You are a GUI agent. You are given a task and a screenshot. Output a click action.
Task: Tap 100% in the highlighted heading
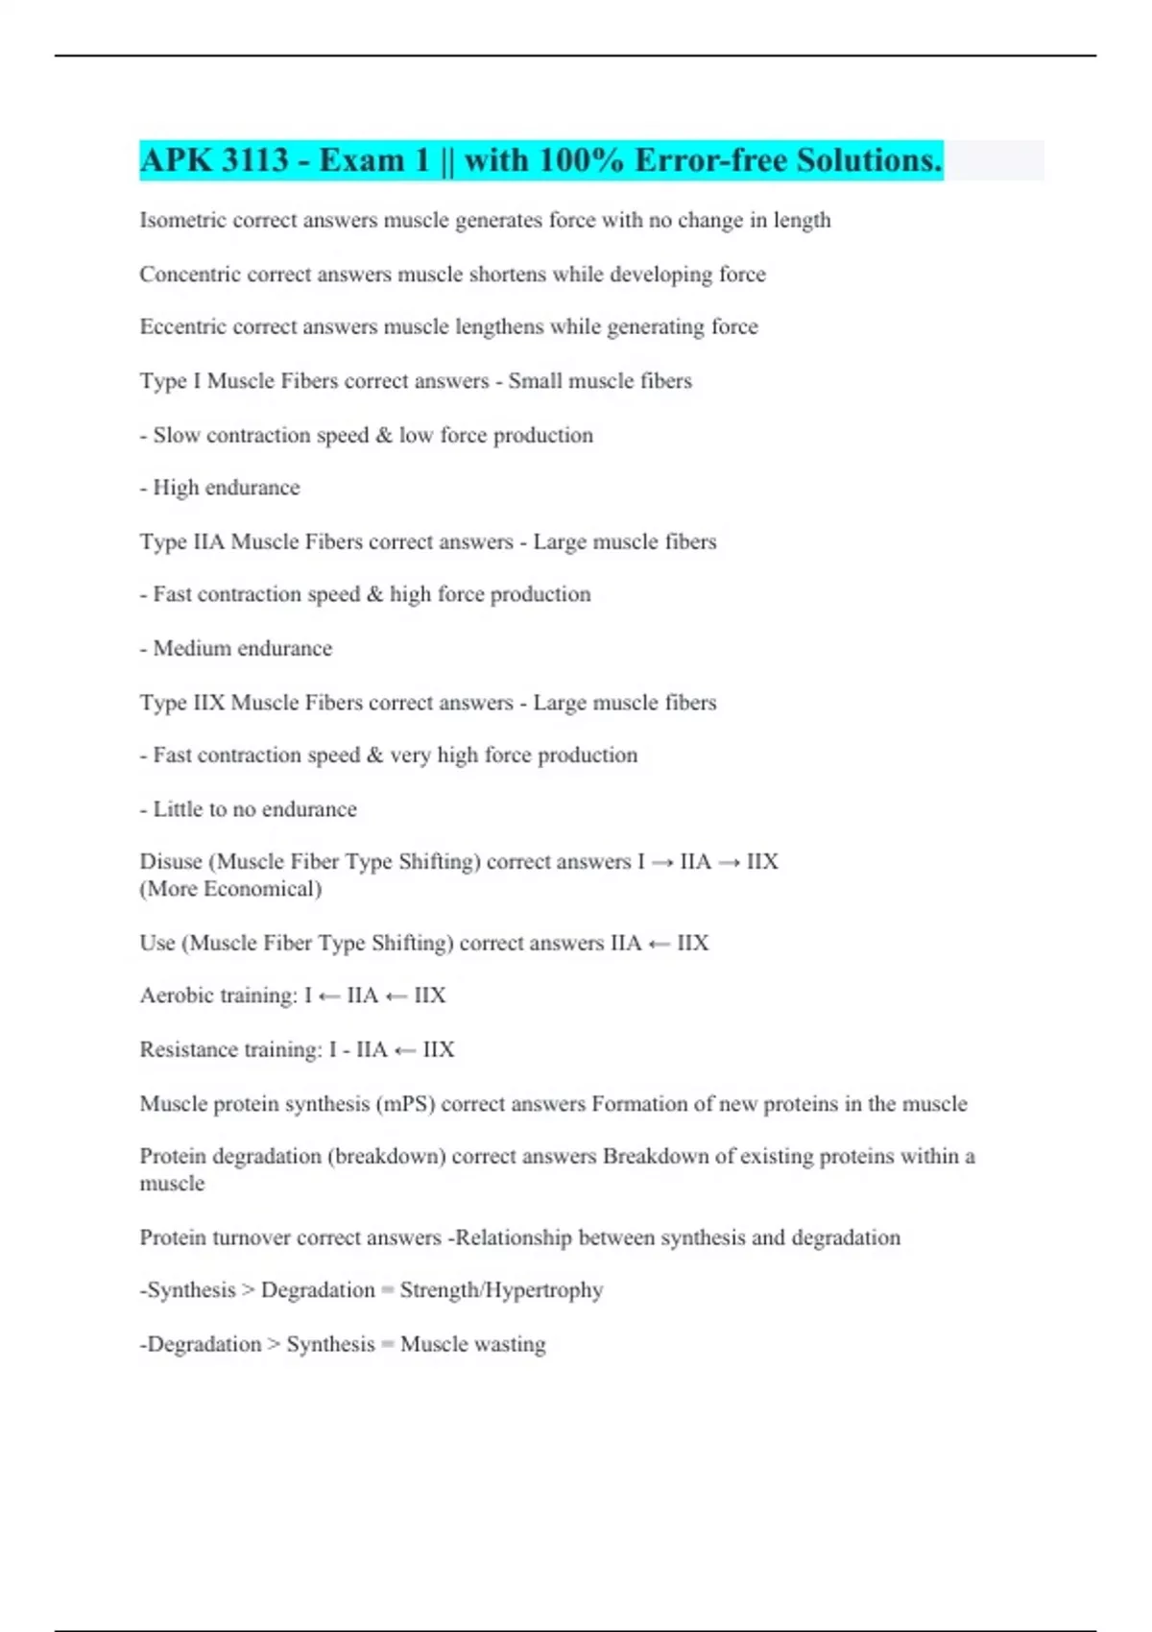581,159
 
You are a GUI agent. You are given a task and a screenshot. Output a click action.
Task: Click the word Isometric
182,220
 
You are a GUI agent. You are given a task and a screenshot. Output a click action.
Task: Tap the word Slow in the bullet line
177,435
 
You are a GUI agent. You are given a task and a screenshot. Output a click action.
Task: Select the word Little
178,809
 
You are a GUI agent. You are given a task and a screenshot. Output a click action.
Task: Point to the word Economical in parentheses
261,889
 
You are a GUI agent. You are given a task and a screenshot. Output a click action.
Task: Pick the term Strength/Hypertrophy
501,1290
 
